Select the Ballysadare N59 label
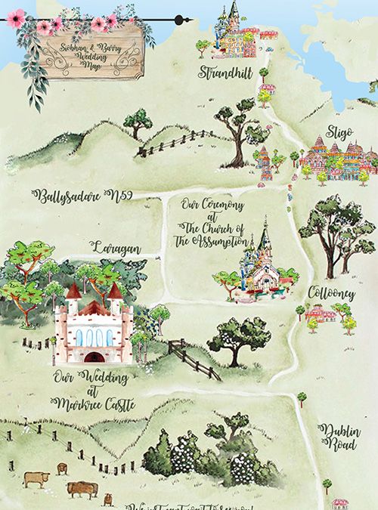pos(83,195)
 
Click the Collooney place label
pos(330,292)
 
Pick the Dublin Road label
pos(338,437)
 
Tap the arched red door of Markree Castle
pos(94,356)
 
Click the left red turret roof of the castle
pos(73,292)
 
